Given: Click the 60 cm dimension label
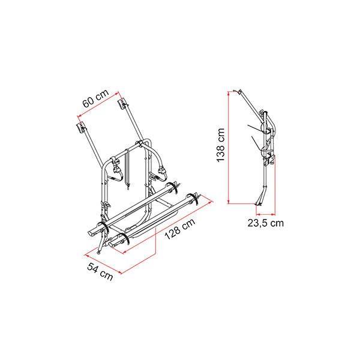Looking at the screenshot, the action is pos(95,98).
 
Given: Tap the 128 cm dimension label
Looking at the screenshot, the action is pos(180,229).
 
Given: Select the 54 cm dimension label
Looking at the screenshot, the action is pos(100,272).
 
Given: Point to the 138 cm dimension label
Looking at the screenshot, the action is pos(221,145).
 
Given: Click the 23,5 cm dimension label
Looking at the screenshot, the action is pos(266,223).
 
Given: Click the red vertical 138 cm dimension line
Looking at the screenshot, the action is pos(229,148).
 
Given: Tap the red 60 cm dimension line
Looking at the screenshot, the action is pos(98,104).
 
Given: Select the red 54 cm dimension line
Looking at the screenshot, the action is pos(103,264).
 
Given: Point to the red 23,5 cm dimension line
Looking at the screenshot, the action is pos(266,214).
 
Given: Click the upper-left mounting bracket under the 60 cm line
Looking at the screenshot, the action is pos(80,128).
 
